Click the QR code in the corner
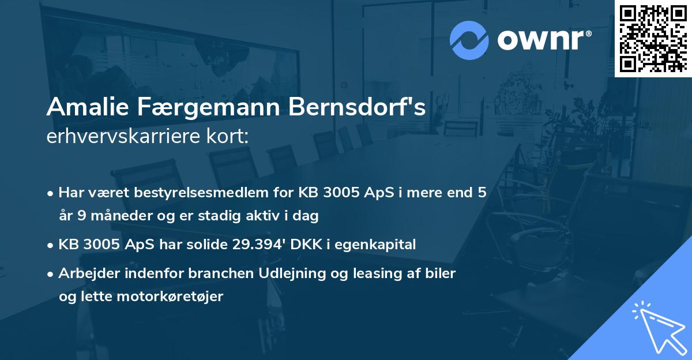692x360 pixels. [653, 38]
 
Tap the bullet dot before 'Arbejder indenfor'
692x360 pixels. [51, 274]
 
